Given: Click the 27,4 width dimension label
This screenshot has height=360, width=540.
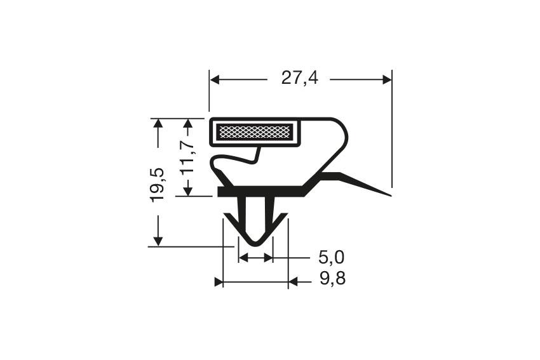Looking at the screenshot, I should point(299,79).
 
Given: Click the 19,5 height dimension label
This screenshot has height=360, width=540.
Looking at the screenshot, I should point(158,183).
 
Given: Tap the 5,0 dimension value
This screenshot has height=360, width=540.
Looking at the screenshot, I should point(331,258).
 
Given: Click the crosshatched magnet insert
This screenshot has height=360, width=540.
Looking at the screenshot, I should point(255,133).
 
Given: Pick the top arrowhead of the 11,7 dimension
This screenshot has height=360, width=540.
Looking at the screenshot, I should point(188,123).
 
